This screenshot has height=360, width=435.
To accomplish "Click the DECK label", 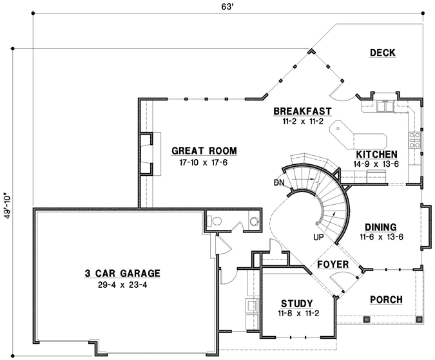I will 382,53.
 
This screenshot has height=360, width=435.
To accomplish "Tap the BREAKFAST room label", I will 302,111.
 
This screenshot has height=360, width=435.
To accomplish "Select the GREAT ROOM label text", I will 204,151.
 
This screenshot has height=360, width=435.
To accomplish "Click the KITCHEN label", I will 376,155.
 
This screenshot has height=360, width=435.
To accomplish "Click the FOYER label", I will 333,265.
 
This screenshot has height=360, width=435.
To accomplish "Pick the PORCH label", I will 387,299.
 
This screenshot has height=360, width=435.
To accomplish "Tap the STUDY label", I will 297,303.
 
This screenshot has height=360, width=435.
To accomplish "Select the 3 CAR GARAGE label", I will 122,272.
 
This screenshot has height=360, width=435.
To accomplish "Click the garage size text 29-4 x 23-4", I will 122,284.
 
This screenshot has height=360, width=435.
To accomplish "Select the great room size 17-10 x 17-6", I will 204,163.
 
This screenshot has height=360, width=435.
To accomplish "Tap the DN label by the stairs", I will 279,182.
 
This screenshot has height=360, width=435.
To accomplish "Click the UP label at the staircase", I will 317,237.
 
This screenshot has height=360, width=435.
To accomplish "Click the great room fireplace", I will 146,153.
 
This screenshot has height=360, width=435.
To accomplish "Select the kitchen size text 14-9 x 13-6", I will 377,165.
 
